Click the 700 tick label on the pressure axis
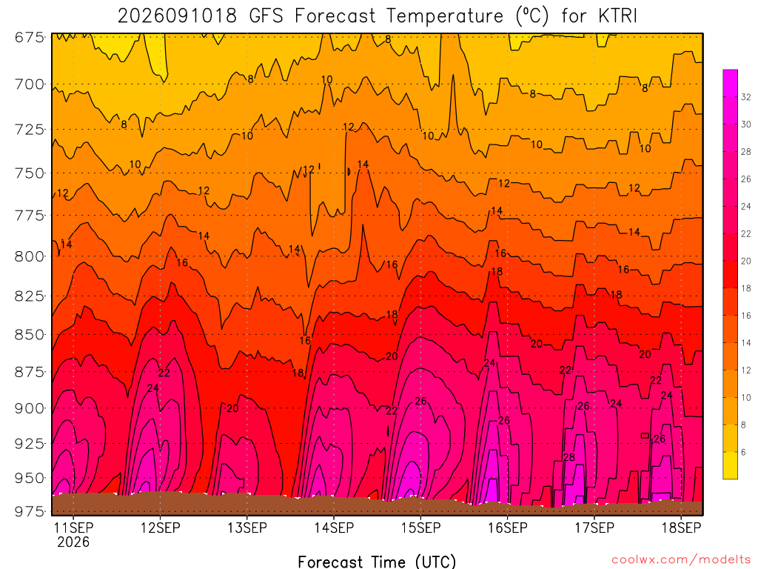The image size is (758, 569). pos(30,84)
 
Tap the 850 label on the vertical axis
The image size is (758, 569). pos(30,334)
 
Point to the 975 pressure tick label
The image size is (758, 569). pos(30,511)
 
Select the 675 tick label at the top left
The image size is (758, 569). pos(30,37)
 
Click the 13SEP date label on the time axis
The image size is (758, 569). pos(247,528)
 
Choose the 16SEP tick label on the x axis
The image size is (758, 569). pos(508,528)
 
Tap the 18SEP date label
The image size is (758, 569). pos(681,528)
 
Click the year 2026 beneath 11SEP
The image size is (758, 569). pos(73,542)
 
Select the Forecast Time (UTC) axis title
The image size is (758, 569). pos(377,562)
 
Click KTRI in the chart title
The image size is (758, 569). pos(618,16)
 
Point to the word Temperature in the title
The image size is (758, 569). pos(445,16)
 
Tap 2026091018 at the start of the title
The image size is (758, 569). pos(178,16)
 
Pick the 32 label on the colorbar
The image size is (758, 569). pos(746,97)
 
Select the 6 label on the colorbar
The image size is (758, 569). pos(743,453)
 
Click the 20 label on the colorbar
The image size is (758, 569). pos(746,262)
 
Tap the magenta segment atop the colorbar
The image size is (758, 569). pos(731,83)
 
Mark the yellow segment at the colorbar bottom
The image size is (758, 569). pos(731,465)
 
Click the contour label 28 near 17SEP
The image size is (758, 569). pos(569,457)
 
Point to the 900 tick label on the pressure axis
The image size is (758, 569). pos(30,408)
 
